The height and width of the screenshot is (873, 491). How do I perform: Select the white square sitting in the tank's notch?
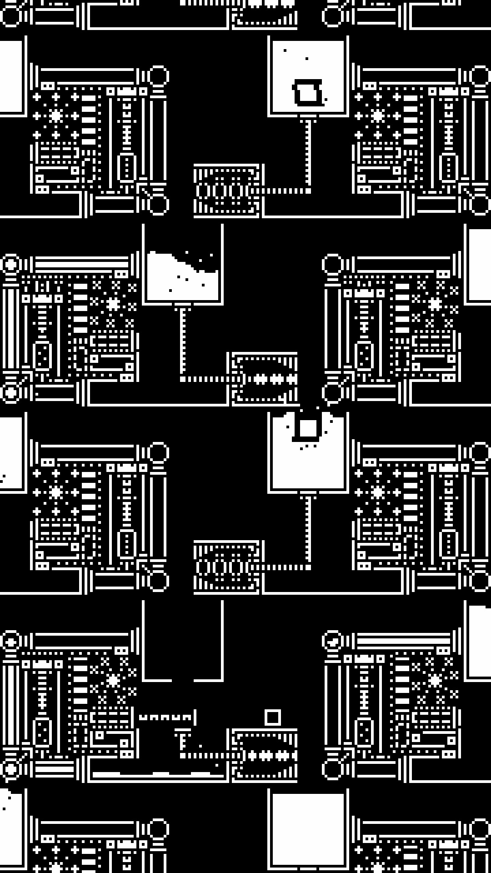308,428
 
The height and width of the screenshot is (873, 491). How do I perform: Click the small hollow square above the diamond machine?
273,717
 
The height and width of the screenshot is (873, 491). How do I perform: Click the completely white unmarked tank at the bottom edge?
308,832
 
